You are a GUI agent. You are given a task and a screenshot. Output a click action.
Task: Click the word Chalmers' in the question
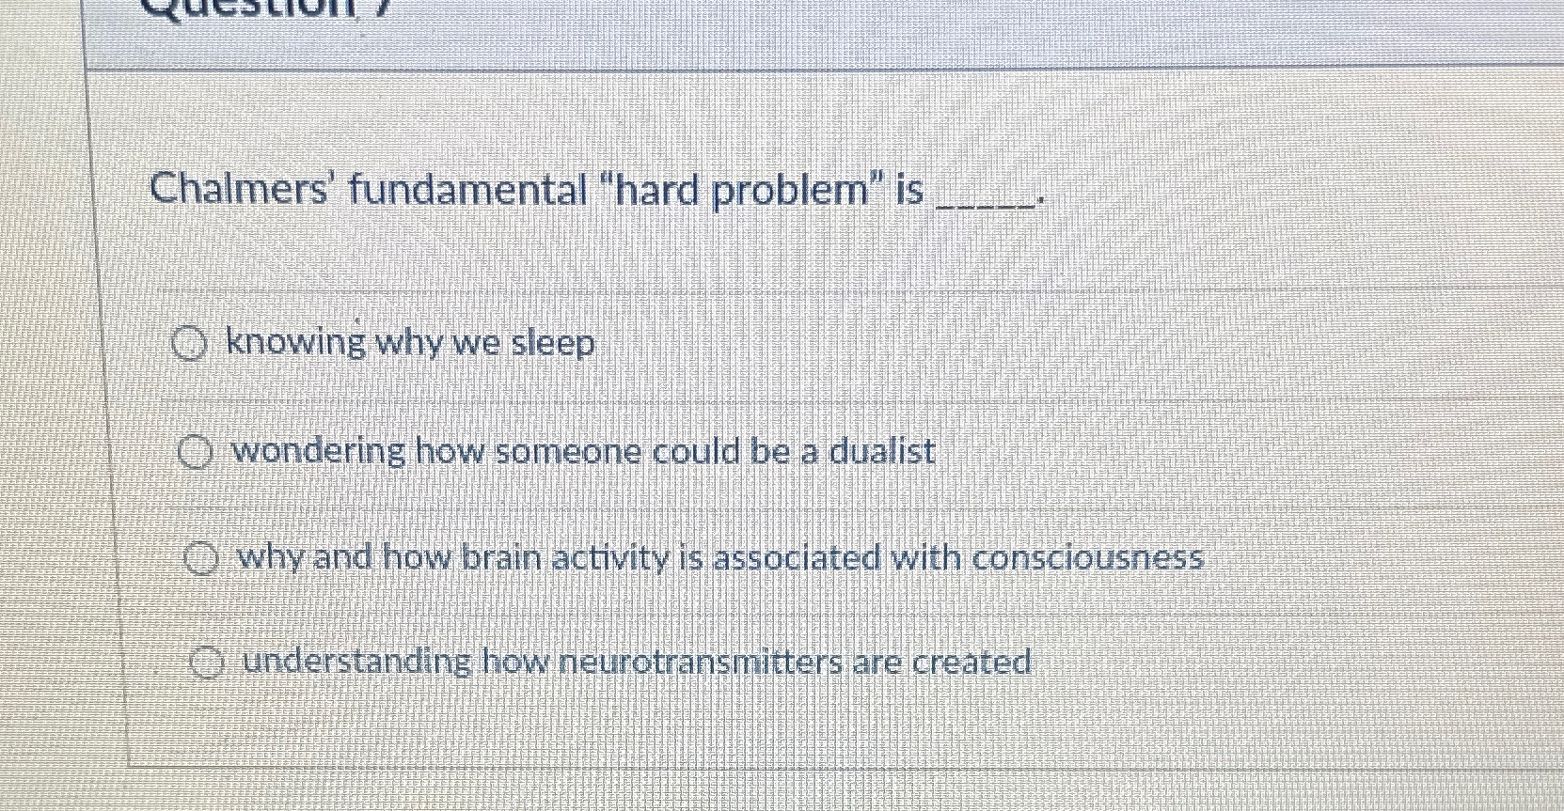click(x=237, y=191)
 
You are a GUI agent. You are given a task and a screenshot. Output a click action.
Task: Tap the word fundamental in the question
click(x=468, y=191)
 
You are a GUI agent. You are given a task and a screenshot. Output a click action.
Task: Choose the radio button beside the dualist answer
click(x=194, y=456)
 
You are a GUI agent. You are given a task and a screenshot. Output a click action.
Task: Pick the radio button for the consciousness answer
click(x=199, y=561)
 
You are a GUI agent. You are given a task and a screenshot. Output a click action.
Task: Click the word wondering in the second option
click(x=319, y=453)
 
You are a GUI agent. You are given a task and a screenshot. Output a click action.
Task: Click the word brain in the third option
click(x=501, y=558)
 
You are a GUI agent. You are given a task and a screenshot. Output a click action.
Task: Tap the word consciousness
click(x=1088, y=558)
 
